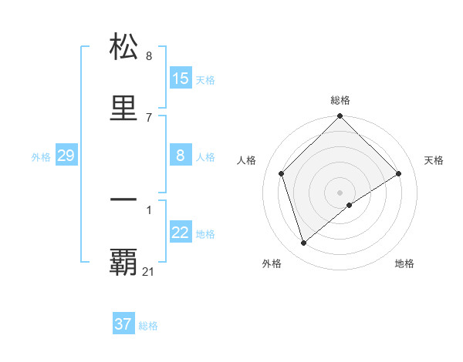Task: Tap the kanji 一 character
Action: [124, 199]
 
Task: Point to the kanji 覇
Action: [124, 263]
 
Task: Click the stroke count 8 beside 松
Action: [149, 55]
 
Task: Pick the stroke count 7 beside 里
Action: [149, 117]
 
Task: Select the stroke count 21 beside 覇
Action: [149, 271]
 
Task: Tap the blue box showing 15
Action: [181, 79]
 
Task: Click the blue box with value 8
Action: [181, 156]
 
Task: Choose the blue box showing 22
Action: [181, 233]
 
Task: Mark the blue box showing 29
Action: [66, 156]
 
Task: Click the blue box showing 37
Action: [123, 324]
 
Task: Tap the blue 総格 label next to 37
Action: [148, 326]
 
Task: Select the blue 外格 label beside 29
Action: [41, 156]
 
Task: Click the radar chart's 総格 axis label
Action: [340, 100]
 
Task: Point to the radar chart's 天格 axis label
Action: [434, 160]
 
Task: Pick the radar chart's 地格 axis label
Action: [404, 263]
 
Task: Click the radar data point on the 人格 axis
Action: [282, 173]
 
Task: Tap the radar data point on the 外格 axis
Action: [304, 243]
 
